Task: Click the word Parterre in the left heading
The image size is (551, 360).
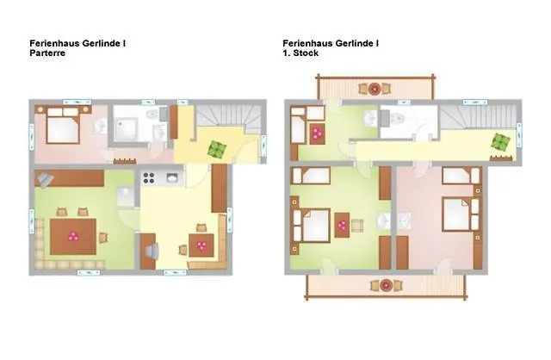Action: coord(47,53)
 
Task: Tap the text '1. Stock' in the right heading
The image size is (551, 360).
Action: coord(300,53)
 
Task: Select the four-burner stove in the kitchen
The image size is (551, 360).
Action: coord(149,178)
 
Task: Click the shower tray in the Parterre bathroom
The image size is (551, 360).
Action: coord(125,129)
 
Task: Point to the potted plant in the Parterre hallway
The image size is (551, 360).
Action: coord(215,149)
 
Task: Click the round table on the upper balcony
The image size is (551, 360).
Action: coord(375,89)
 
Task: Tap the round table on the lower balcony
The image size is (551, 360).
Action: coord(387,285)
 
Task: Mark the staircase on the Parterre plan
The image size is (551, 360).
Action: coord(228,119)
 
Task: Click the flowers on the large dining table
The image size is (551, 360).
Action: coord(73,237)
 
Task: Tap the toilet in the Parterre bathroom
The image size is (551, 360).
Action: coord(152,115)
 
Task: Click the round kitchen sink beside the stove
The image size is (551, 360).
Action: coord(172,178)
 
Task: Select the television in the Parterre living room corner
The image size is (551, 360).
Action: coord(45,180)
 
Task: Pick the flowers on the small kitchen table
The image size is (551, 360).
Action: coord(201,245)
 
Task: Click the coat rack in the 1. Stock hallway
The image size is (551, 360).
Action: coord(501,158)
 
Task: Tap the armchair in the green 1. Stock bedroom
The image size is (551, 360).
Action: coord(357,226)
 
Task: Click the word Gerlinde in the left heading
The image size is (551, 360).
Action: coord(102,44)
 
